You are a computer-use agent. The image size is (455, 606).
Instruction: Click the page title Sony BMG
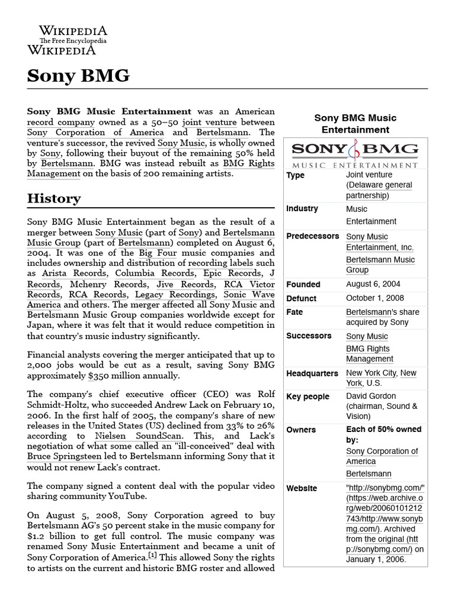[78, 76]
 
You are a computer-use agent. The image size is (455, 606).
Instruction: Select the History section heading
[54, 198]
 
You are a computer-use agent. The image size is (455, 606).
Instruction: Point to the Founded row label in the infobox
[303, 284]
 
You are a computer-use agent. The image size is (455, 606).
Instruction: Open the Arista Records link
[75, 273]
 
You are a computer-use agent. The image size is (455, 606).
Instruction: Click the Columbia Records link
[155, 273]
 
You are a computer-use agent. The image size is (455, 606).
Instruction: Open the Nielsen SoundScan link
[132, 436]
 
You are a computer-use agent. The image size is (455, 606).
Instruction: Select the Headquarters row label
[312, 373]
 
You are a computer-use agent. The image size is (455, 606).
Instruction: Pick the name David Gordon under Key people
[371, 395]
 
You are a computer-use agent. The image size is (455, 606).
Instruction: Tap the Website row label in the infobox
[302, 488]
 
